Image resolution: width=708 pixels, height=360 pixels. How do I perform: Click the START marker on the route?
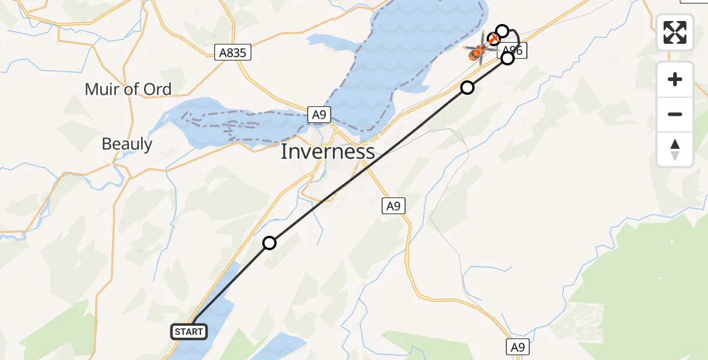[189, 331]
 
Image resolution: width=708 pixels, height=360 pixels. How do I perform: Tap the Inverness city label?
[328, 152]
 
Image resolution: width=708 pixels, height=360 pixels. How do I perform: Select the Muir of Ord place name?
[128, 89]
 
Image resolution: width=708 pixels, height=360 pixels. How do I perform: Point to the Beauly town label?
[127, 144]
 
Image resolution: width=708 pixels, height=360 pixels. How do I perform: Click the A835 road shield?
[233, 53]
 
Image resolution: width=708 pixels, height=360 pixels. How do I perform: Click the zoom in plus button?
[675, 79]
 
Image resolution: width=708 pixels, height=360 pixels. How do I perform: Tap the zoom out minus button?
[675, 114]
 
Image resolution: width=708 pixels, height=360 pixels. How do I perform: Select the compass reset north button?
[675, 149]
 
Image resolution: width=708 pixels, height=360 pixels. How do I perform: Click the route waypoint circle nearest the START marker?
[269, 242]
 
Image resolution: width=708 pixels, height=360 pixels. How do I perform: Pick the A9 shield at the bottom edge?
[518, 347]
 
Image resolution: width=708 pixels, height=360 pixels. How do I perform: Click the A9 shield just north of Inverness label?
[319, 114]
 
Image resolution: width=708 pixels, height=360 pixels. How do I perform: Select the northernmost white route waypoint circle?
[502, 31]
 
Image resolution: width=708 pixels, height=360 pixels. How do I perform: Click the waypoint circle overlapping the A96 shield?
[508, 58]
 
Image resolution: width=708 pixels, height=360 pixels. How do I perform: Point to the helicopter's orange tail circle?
[494, 40]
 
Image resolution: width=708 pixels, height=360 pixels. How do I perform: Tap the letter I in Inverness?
[284, 152]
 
